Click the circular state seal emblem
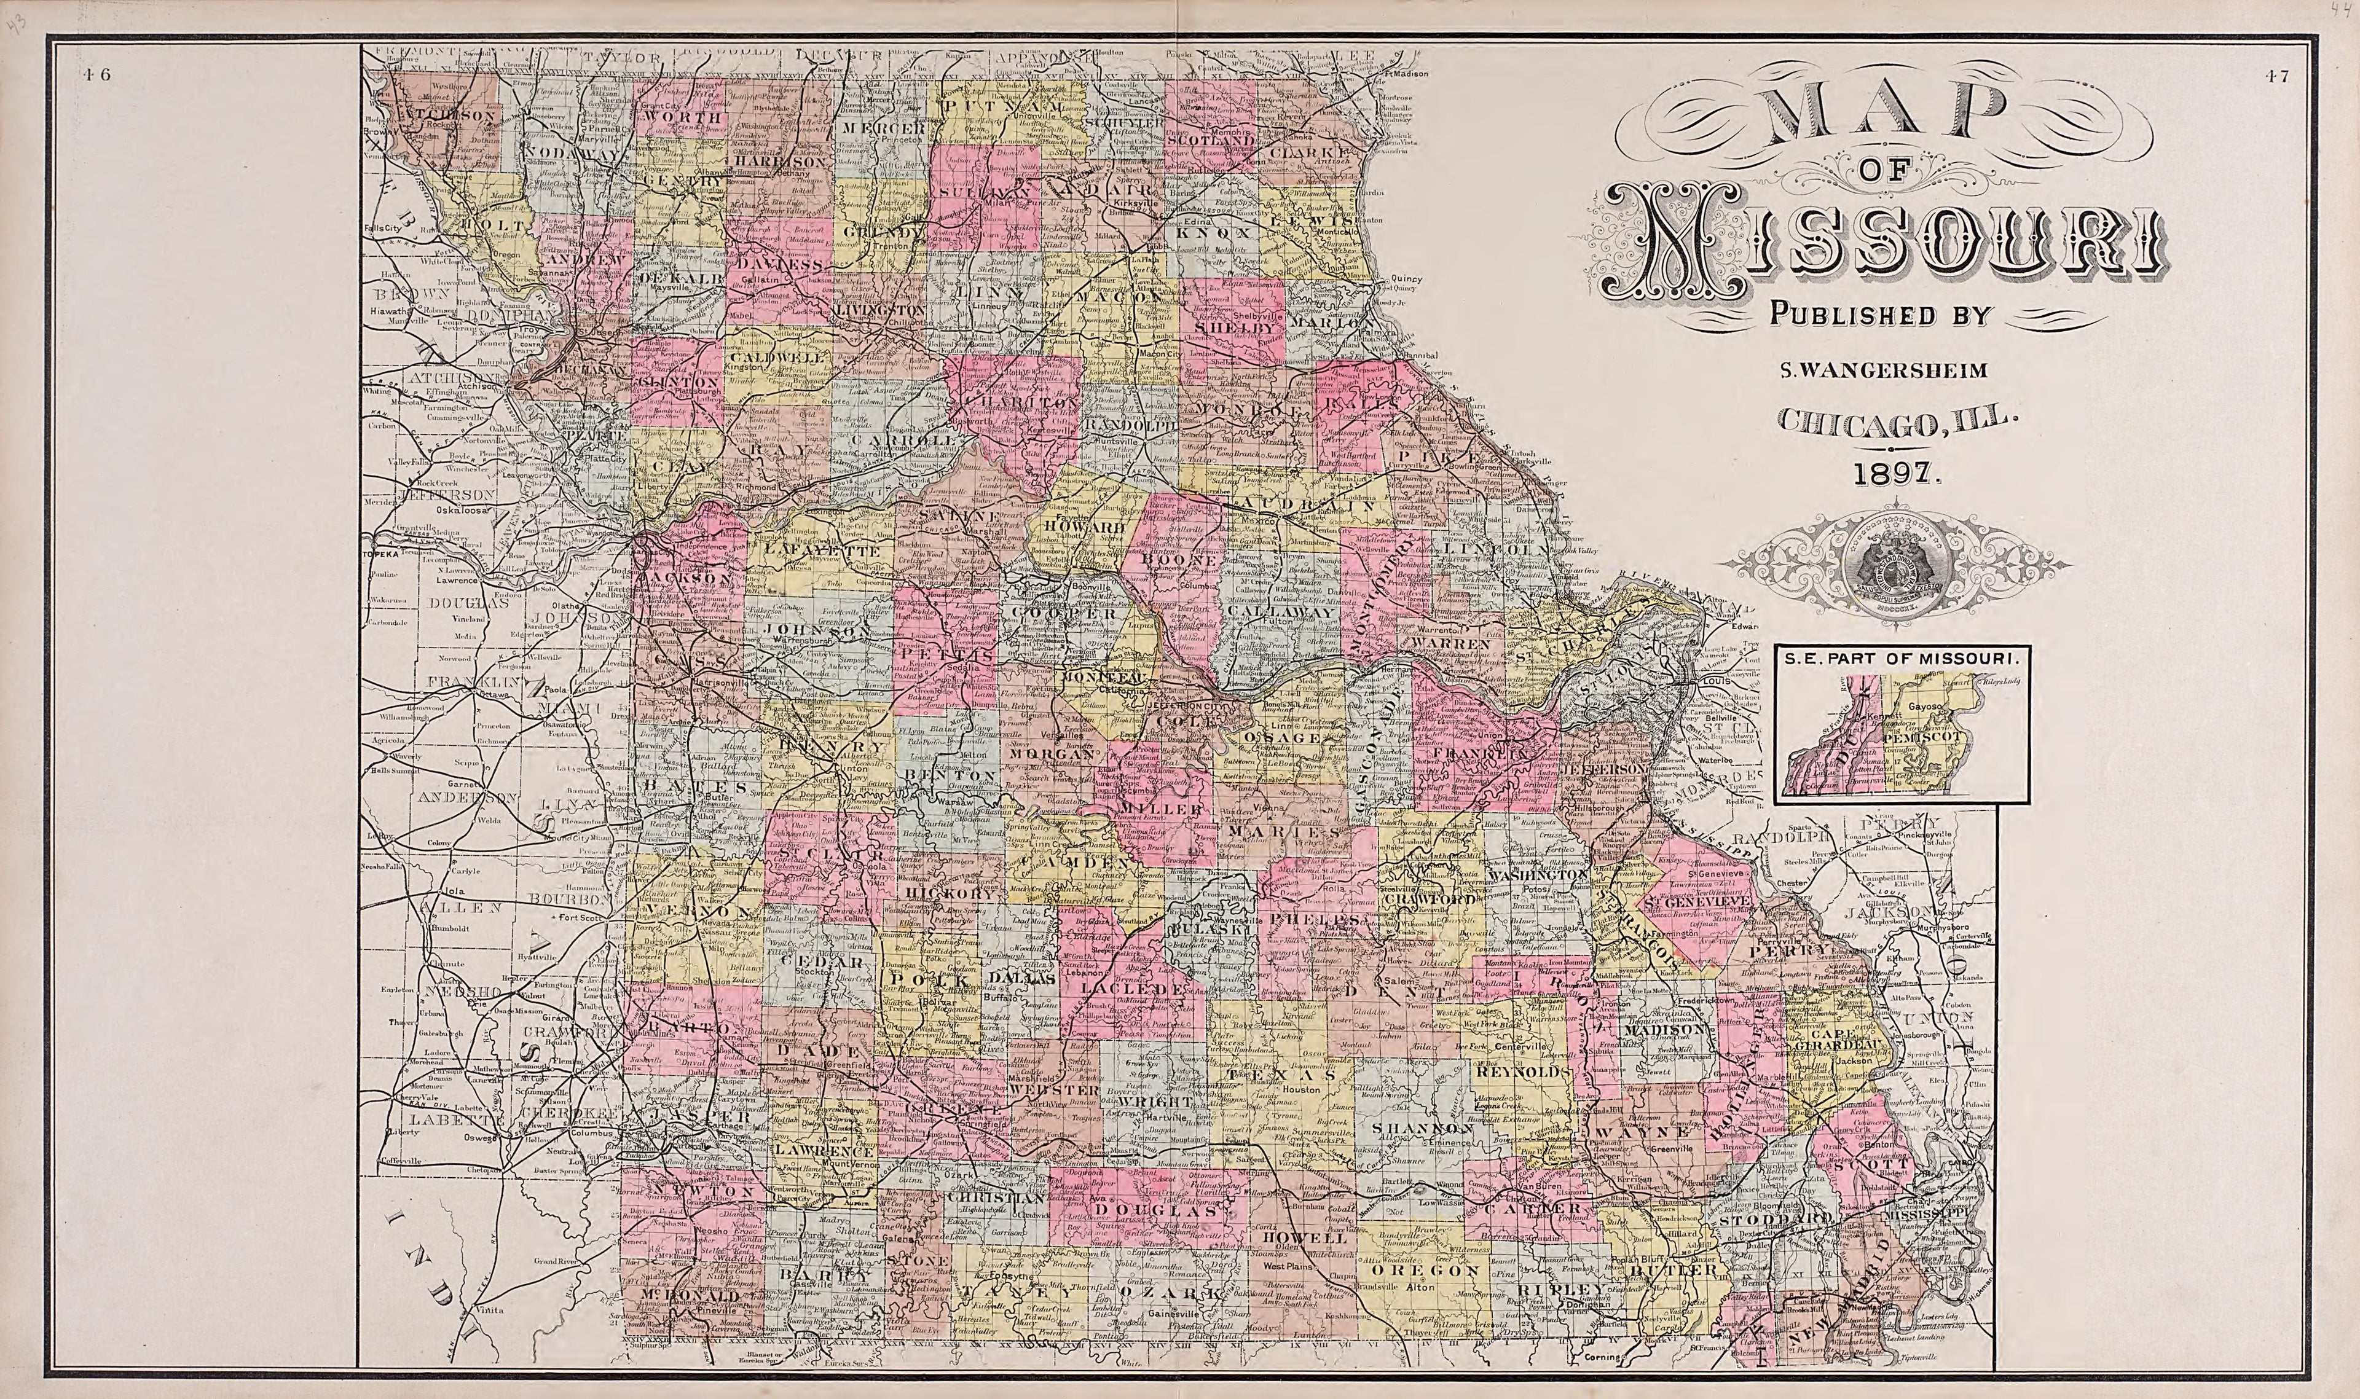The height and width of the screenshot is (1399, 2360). point(1896,566)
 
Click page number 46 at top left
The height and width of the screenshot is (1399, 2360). point(96,77)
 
